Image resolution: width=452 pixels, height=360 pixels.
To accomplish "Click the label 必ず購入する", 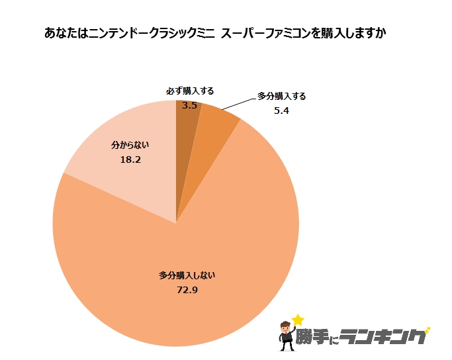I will coord(190,91).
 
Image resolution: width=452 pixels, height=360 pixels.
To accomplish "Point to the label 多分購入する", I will coord(281,96).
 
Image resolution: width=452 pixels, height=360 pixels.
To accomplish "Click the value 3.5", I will coord(190,105).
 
